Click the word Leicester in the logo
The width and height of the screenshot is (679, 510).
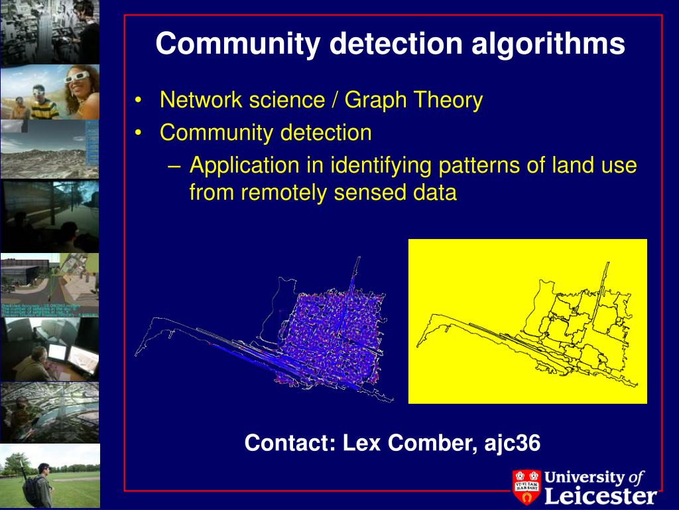pyautogui.click(x=601, y=495)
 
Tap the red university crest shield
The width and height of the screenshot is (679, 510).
pyautogui.click(x=526, y=487)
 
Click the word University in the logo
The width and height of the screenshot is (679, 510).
pyautogui.click(x=584, y=477)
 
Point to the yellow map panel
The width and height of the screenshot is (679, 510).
pyautogui.click(x=527, y=321)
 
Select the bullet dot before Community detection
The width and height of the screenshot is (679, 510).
pyautogui.click(x=138, y=133)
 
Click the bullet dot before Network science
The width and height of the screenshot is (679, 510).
pyautogui.click(x=138, y=101)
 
